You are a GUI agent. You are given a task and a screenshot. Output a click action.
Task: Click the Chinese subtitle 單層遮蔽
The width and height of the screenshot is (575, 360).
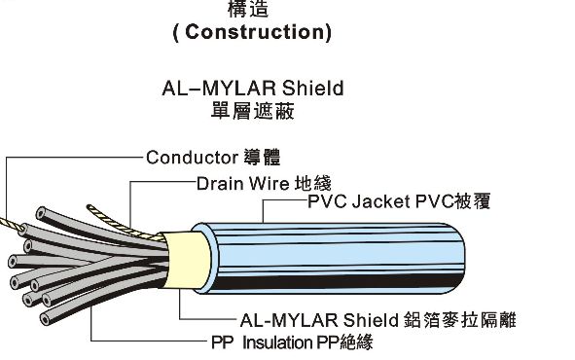pos(253,111)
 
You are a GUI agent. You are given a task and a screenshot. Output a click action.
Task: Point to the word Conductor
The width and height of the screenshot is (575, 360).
pos(192,156)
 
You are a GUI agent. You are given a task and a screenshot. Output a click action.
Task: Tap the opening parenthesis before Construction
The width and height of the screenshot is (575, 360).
pos(175,32)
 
